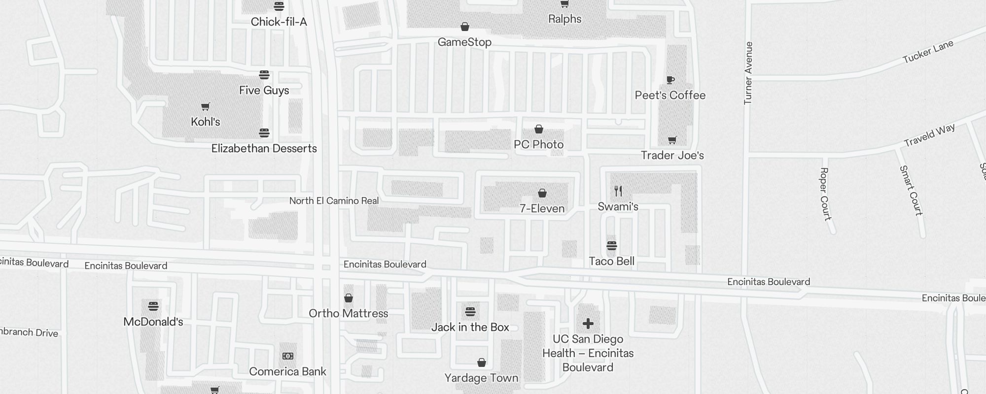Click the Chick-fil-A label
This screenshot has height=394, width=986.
pos(279,22)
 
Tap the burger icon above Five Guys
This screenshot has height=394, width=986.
pos(264,75)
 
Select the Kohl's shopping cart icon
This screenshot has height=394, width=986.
pos(206,106)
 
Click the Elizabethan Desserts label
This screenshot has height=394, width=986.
pos(264,148)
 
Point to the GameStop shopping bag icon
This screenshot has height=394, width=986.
pos(464,27)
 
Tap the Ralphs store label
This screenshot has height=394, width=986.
pos(564,19)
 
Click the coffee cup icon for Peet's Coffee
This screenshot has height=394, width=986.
pos(670,80)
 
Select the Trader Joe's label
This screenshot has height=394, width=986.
pos(672,156)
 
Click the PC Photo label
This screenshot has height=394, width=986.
pos(538,144)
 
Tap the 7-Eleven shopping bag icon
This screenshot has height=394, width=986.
pos(542,193)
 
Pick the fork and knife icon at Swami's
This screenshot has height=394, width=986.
pos(618,191)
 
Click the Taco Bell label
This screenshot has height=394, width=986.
pos(611,261)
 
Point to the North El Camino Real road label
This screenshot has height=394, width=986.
pos(334,200)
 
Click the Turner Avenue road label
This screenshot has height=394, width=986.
pos(748,73)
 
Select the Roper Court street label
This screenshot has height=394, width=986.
pos(825,194)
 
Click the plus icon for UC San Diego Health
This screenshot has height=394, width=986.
pos(588,324)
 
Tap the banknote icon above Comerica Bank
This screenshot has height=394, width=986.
pos(288,356)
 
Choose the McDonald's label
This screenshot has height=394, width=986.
pos(153,322)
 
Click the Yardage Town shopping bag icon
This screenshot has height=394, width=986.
pos(482,363)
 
